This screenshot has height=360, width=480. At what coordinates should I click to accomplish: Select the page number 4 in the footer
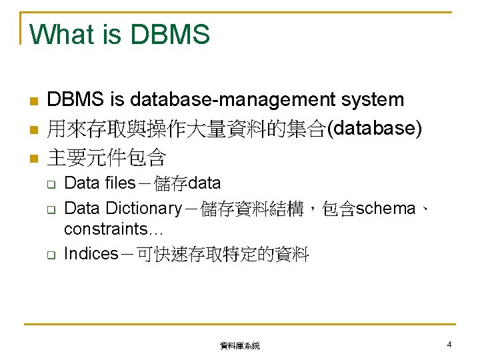coord(449,345)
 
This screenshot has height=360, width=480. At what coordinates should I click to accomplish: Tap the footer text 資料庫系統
coord(240,346)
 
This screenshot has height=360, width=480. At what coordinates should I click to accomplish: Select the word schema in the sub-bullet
coord(386,209)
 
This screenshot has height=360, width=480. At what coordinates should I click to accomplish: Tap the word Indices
coord(91,255)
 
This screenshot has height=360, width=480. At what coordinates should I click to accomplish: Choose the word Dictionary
coord(142,209)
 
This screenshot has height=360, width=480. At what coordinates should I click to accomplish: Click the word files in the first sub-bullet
coord(117,183)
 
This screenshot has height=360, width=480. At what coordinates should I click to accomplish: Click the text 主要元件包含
coord(106,159)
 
